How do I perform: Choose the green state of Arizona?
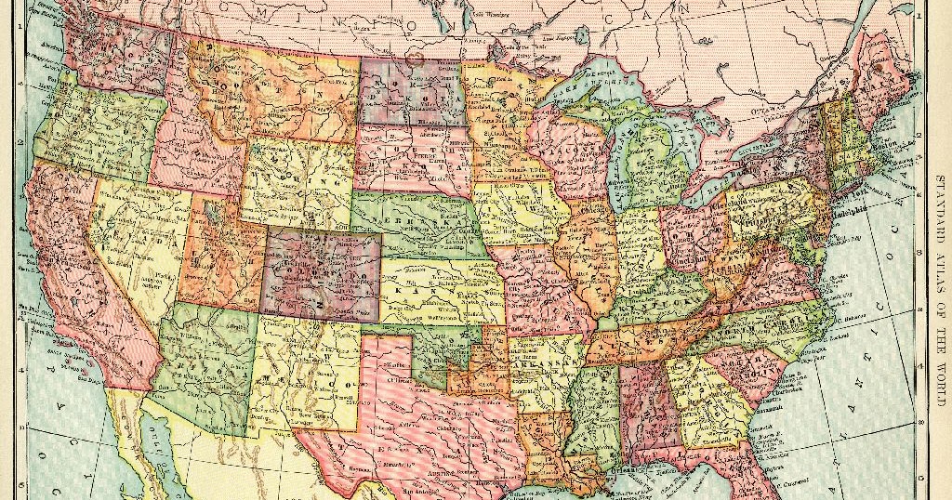[x=209, y=372]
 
